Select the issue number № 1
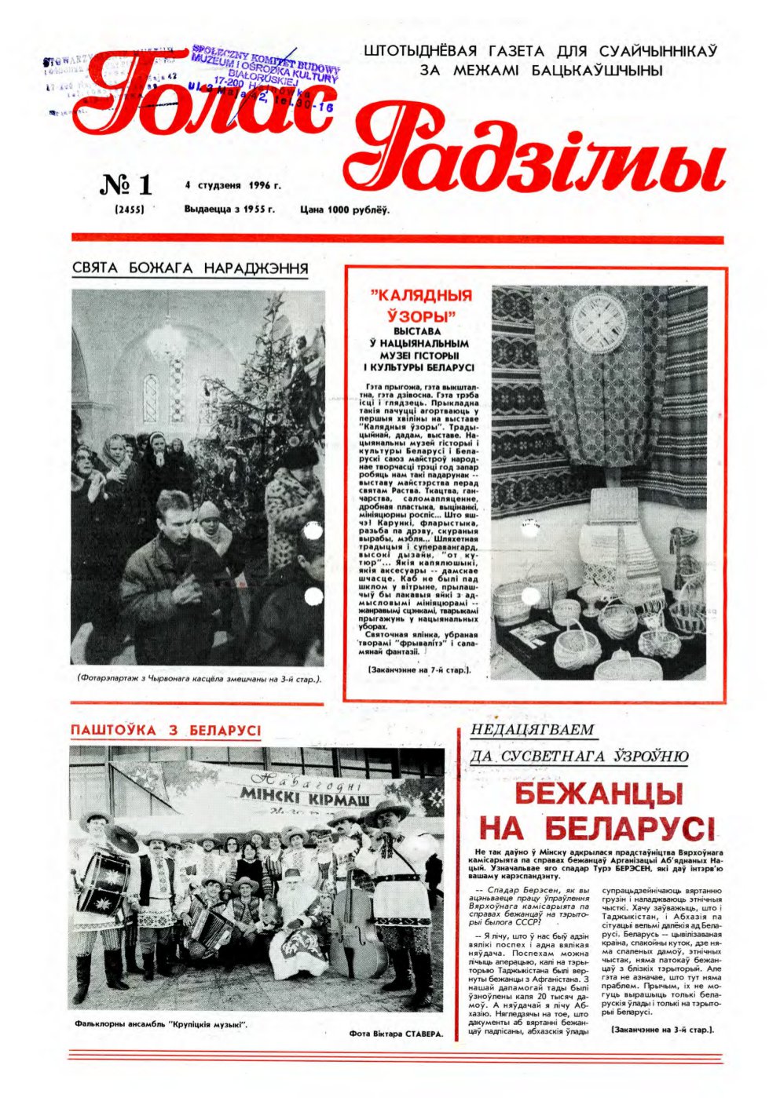coord(126,185)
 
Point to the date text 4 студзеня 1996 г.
coord(233,186)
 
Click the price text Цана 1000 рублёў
coord(345,210)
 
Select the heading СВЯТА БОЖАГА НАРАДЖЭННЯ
coord(189,268)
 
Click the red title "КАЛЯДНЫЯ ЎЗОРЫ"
coord(421,306)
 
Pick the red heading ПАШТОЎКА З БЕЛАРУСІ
coord(166,730)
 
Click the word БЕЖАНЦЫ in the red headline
coord(598,793)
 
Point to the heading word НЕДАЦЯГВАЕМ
coord(532,730)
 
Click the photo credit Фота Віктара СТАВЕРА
coord(396,1034)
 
